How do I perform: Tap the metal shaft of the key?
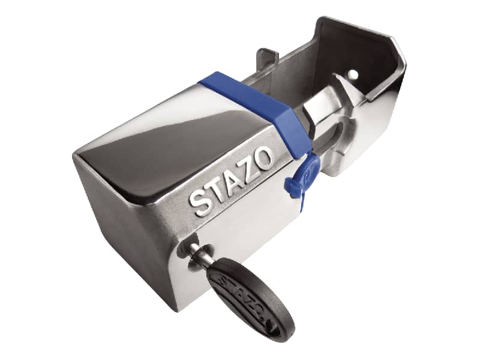[x=200, y=253]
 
